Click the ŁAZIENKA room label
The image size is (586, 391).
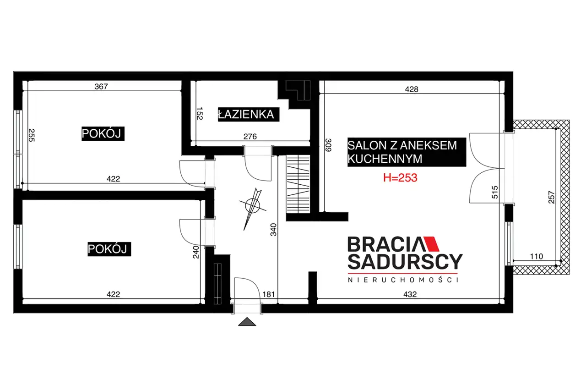pos(248,115)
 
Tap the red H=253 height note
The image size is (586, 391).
pos(400,178)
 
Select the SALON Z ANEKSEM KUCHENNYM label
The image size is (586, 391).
pos(407,152)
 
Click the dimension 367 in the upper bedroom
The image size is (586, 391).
pos(101,87)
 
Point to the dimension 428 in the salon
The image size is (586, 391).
pos(412,89)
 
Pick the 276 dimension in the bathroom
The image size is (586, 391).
pos(250,137)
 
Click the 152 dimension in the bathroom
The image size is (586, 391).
pos(200,113)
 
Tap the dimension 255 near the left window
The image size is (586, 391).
pos(32,135)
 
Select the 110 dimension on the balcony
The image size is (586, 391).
pos(536,256)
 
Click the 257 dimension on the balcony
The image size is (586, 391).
pos(551,197)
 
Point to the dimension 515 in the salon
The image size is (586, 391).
pos(495,192)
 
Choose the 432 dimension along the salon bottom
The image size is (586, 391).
pos(410,294)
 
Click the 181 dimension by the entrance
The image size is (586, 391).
pos(269,294)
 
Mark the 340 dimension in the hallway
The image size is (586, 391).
pos(273,230)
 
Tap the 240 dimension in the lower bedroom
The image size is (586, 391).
pos(195,252)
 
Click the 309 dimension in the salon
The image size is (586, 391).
pos(328,145)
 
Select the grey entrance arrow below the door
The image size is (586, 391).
pos(247,322)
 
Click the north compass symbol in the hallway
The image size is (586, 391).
pos(252,207)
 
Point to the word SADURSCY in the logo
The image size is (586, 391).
pos(405,262)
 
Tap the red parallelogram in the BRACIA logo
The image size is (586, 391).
pos(431,244)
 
